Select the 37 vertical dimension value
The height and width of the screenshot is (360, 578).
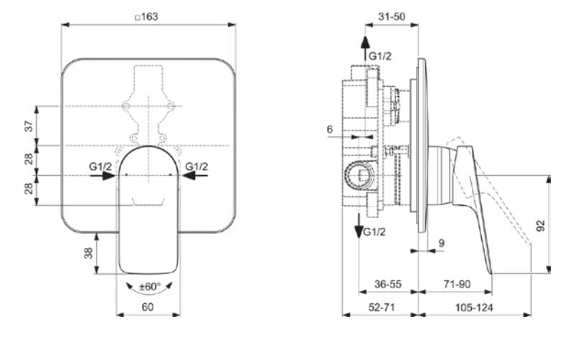[29, 125]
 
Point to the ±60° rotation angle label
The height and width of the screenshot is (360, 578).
[148, 286]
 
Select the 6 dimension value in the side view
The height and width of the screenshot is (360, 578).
[329, 129]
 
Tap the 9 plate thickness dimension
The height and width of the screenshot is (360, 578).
[441, 244]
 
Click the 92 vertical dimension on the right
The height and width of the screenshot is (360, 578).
[541, 224]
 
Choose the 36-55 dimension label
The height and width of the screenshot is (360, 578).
[388, 284]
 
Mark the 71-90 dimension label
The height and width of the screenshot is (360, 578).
[455, 284]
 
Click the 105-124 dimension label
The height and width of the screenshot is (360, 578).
[474, 306]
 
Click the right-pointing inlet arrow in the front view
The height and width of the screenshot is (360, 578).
[108, 175]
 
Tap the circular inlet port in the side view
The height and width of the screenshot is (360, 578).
[358, 174]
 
